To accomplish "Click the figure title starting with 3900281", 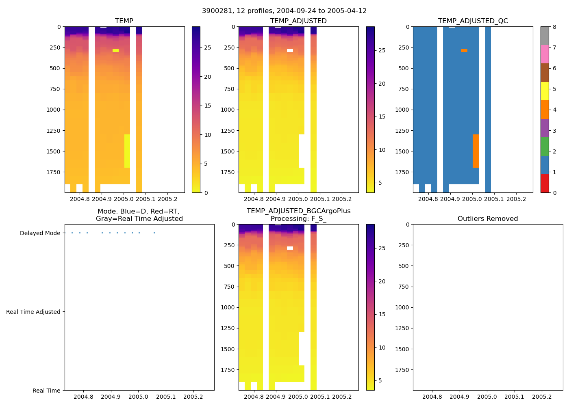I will [284, 11].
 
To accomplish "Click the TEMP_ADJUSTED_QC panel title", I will [473, 21].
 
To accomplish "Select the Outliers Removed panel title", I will [488, 219].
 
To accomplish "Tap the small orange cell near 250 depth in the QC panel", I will [464, 50].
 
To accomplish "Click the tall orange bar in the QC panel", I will [476, 151].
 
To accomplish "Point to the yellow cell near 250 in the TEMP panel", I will [116, 50].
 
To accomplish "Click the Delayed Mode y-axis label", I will [40, 233].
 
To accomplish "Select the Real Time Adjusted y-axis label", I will [33, 312].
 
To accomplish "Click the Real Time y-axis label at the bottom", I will [46, 391].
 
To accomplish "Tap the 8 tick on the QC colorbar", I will [555, 27].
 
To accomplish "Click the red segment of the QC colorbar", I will [545, 184].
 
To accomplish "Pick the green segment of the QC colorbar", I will [545, 147].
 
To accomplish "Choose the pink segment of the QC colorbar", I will [545, 54].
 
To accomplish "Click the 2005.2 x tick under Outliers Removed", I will [542, 397].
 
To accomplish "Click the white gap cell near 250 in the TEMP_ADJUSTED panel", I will [290, 50].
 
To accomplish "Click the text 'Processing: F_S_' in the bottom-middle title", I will [298, 219].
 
